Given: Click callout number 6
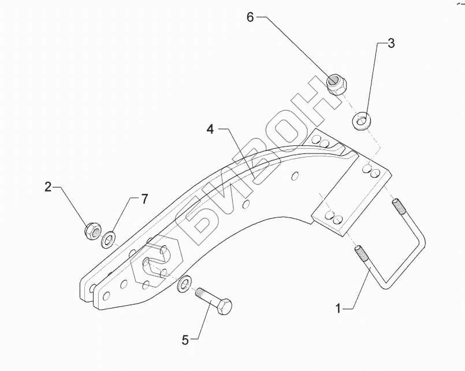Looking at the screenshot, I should (250, 17).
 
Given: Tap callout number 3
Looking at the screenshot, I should (391, 43).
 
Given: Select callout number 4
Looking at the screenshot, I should (211, 130).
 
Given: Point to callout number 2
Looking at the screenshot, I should (48, 186).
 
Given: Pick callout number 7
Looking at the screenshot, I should (144, 199).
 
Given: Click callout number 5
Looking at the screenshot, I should (185, 340).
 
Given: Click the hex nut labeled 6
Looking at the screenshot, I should (336, 84).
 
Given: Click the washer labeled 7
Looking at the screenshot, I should (109, 238).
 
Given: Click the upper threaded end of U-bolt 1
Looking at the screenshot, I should (398, 205).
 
